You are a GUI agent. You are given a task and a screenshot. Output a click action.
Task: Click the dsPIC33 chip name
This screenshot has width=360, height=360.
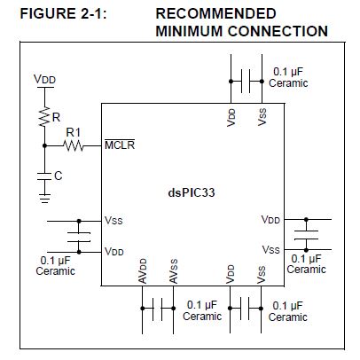pos(192,192)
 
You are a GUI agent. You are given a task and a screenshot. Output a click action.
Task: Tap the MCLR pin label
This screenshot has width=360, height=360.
pos(120,145)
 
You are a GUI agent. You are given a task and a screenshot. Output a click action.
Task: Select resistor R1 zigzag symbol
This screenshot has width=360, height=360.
pos(74,145)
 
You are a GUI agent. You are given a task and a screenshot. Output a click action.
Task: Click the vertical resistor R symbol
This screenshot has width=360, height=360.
pos(44,117)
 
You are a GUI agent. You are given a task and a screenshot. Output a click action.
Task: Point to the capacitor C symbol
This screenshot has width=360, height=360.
pos(44,176)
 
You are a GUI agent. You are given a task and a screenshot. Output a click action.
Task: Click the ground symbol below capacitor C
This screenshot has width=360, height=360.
pos(44,198)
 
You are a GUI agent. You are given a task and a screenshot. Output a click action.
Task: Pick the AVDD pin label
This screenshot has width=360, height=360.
pos(143,271)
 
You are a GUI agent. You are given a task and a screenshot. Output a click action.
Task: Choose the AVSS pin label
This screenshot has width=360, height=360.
pos(174,271)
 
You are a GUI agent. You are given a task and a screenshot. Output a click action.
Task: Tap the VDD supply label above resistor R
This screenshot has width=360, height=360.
pos(44,79)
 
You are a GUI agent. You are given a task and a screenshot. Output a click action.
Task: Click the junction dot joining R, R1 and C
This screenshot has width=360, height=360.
pos(44,145)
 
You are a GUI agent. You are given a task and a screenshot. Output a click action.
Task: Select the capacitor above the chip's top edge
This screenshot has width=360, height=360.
pos(246,82)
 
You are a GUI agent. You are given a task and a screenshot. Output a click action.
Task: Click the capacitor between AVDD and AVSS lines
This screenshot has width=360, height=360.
pos(158,309)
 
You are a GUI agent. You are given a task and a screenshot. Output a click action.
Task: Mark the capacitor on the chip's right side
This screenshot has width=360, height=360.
pos(306,235)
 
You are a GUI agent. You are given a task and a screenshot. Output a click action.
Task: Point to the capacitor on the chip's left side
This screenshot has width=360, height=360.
pos(79,237)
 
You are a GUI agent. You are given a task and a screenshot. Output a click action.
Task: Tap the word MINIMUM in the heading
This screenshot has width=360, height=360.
pos(189,31)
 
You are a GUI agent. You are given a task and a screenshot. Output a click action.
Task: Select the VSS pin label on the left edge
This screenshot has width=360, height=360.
pos(113,221)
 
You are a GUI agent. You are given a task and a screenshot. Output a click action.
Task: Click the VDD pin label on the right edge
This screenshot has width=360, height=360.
pos(270,220)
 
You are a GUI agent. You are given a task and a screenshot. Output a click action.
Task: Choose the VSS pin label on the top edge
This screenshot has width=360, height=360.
pos(262,117)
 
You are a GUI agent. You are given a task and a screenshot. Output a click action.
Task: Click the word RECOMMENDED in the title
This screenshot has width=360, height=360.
pos(215,13)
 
